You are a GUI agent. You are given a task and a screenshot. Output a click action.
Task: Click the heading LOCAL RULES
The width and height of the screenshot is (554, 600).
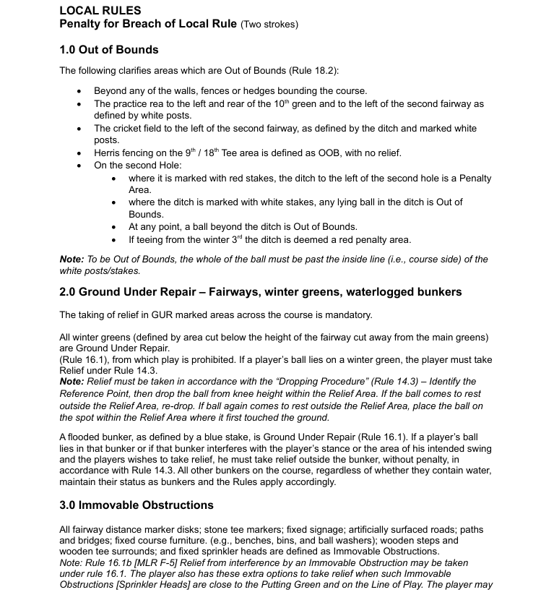point(100,10)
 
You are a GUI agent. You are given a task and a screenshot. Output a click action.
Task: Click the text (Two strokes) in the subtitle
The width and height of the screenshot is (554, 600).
point(269,25)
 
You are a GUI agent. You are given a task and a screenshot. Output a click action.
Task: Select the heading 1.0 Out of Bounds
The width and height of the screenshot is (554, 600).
point(108,50)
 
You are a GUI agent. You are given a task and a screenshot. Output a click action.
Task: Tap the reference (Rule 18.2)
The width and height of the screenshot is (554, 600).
point(312,70)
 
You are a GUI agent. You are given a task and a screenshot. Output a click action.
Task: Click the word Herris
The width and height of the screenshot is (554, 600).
point(108,153)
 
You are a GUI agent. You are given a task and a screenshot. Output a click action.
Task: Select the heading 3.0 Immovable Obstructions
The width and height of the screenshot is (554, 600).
point(136,505)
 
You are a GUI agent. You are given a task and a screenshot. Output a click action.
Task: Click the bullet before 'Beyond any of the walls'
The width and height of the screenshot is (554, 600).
point(79,91)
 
